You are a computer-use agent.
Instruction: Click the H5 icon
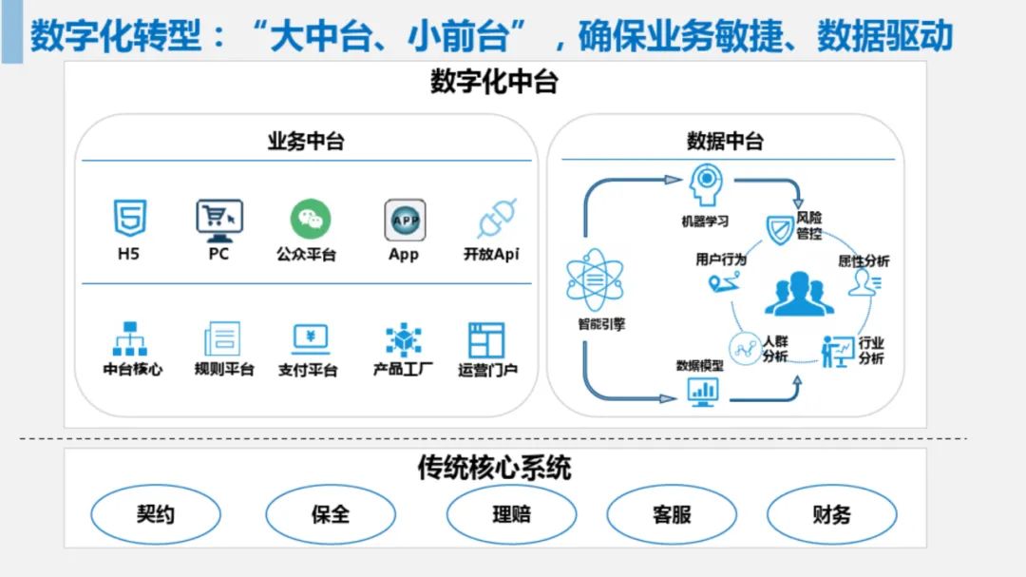pos(129,219)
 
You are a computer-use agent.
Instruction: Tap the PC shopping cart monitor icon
pos(219,220)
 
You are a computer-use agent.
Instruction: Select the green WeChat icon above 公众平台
pos(311,220)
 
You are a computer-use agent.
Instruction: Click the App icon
pos(405,220)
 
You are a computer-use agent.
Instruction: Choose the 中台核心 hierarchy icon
pos(130,339)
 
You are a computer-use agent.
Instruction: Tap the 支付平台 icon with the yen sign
pos(311,338)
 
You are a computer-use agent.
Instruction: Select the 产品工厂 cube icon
pos(404,339)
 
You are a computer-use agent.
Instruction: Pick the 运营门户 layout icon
pos(486,339)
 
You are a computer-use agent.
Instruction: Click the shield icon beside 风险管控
pos(780,229)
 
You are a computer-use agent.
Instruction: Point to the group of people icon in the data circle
pos(800,295)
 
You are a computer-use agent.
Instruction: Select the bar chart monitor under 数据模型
pos(703,390)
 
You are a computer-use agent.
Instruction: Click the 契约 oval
pos(156,515)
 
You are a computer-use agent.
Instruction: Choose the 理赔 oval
pos(511,515)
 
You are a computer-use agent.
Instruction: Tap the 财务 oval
pos(831,515)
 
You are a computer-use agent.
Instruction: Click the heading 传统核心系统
pos(494,469)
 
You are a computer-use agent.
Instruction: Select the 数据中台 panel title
pos(725,142)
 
